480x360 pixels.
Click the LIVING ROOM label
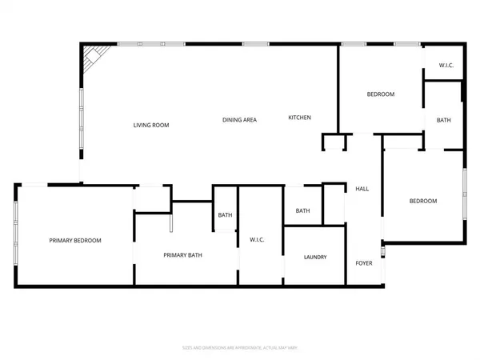150,125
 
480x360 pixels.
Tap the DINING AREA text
239,120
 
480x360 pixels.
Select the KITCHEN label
299,118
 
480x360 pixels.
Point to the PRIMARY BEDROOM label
75,240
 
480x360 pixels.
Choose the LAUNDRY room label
315,257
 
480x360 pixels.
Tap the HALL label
362,189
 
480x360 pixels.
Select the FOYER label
364,262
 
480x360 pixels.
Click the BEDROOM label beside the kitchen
380,94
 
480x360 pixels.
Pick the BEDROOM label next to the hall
422,201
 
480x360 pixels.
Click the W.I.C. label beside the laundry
257,239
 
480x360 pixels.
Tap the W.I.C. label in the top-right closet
446,65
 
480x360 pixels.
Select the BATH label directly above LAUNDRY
302,211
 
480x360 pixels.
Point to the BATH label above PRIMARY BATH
225,214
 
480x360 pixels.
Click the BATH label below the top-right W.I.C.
443,120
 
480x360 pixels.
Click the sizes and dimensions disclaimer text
239,347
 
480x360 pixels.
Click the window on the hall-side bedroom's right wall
465,195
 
